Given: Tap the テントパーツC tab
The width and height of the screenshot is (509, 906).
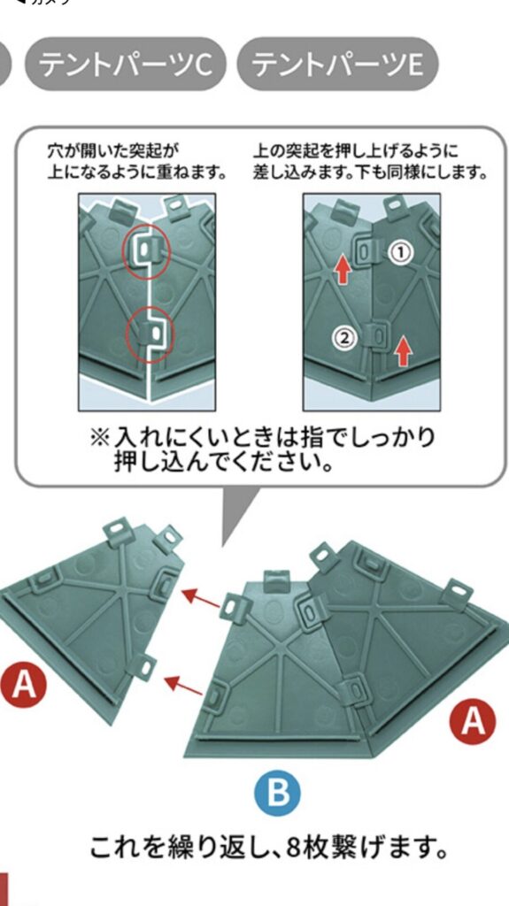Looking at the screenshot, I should (126, 65).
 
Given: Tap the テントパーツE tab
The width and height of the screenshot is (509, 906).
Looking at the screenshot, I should (337, 65).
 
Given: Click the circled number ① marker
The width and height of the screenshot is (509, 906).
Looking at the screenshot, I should (401, 253).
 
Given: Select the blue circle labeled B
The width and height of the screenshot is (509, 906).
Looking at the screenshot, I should (277, 793).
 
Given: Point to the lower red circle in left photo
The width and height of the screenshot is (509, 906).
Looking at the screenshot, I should (148, 333).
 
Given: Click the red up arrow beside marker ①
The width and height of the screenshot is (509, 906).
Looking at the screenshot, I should (343, 268).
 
